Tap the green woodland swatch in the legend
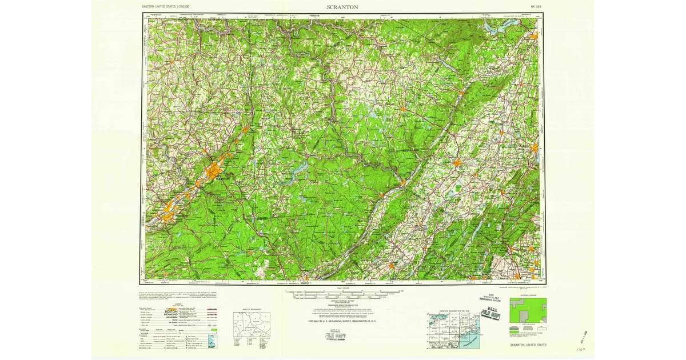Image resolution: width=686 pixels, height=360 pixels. pyautogui.click(x=213, y=330)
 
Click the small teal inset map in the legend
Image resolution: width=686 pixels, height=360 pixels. pyautogui.click(x=213, y=343)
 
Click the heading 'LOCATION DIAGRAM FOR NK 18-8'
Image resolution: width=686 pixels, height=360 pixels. pyautogui.click(x=448, y=311)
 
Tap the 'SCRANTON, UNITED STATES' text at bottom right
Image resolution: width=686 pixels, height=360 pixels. pyautogui.click(x=528, y=345)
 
